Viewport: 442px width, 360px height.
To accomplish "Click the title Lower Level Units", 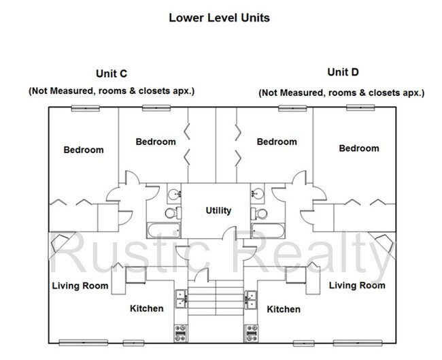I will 219,17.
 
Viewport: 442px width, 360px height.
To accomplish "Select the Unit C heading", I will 112,73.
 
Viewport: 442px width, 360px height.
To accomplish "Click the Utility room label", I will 218,210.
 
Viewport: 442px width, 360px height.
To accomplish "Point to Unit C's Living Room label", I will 80,285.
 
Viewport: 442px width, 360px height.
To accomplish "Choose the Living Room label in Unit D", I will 357,284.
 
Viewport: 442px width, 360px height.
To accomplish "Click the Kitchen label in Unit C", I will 147,308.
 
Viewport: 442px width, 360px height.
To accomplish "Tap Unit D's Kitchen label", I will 284,309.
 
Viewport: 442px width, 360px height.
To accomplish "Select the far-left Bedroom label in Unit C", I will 84,150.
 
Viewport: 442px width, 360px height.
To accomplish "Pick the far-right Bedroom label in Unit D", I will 359,148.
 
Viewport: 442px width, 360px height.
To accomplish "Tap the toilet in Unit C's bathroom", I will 172,212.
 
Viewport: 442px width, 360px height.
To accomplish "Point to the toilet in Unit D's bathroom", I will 258,212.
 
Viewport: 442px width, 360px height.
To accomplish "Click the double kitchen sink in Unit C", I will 182,296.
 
